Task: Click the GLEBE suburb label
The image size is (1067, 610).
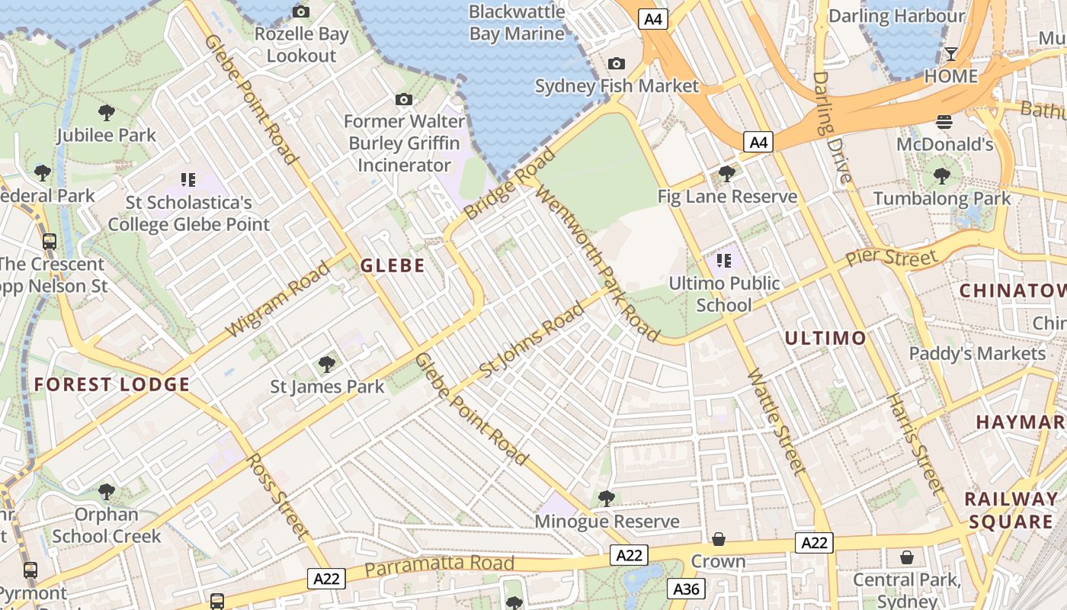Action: coord(393,265)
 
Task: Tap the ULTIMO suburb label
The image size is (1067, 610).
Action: coord(825,338)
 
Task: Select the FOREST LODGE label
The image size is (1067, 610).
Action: coord(111,384)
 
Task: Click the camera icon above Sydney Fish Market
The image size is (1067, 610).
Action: coord(616,64)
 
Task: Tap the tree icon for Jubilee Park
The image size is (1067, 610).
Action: coord(107,113)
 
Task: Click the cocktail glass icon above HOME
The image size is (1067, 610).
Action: coord(950,53)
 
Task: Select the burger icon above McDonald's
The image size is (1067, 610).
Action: coord(944,122)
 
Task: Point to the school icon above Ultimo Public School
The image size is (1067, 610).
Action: coord(723,261)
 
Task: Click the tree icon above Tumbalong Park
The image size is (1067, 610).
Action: coord(942,176)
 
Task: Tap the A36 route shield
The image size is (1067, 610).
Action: coord(686,589)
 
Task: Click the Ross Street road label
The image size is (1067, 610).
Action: coord(277,497)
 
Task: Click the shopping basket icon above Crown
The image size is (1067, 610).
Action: coord(718,540)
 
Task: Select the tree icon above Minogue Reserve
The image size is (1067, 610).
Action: coord(607,499)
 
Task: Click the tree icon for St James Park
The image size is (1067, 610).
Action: coord(327,364)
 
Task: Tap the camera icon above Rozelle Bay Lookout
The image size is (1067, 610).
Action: coord(301,11)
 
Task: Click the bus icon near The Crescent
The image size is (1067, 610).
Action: coord(50,242)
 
